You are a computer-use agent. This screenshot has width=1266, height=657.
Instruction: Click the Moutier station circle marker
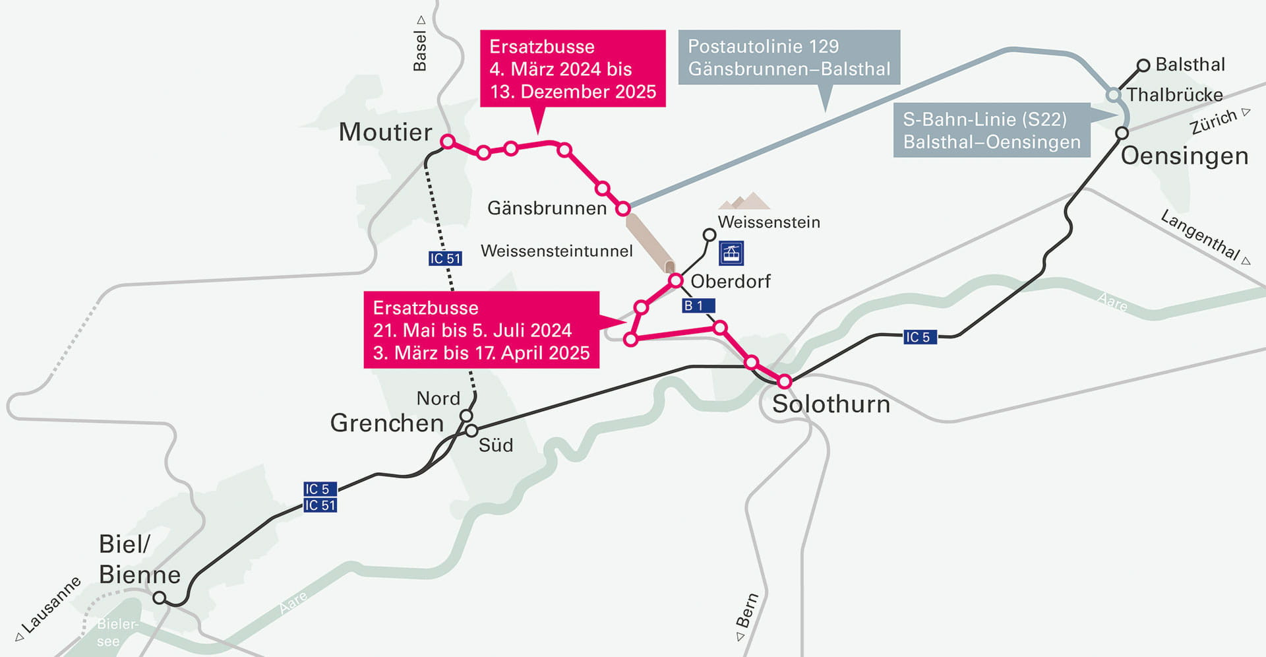(448, 141)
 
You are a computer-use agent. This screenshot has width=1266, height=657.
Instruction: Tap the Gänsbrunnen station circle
(622, 209)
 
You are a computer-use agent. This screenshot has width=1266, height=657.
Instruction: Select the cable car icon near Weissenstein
(731, 253)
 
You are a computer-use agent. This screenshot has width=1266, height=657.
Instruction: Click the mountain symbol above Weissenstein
(744, 201)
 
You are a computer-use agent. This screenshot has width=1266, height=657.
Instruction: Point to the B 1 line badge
(698, 305)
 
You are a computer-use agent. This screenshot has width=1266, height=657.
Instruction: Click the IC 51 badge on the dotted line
(445, 259)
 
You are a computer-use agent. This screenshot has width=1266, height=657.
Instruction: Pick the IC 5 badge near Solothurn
(919, 337)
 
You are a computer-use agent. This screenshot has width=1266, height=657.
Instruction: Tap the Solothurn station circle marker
(784, 381)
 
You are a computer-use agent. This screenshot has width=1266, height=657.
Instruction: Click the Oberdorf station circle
(675, 281)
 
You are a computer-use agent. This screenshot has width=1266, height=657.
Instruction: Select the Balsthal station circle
(1143, 65)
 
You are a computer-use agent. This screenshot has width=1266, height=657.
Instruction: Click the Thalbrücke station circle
(1113, 95)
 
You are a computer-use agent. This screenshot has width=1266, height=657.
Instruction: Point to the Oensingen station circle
(1122, 133)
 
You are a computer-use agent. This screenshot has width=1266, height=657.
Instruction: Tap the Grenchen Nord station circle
(466, 416)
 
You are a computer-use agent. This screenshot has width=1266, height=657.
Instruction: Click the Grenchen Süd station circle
(471, 431)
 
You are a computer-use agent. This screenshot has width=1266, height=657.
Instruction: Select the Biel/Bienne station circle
(159, 598)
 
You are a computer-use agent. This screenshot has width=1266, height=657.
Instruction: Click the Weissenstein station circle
(709, 235)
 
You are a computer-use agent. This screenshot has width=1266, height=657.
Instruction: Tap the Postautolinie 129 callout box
(789, 57)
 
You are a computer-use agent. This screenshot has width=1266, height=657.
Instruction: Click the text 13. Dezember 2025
(573, 92)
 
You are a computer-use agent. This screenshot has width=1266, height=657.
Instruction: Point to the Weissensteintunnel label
(557, 251)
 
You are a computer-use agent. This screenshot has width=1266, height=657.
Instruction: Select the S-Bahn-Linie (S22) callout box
(991, 130)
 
